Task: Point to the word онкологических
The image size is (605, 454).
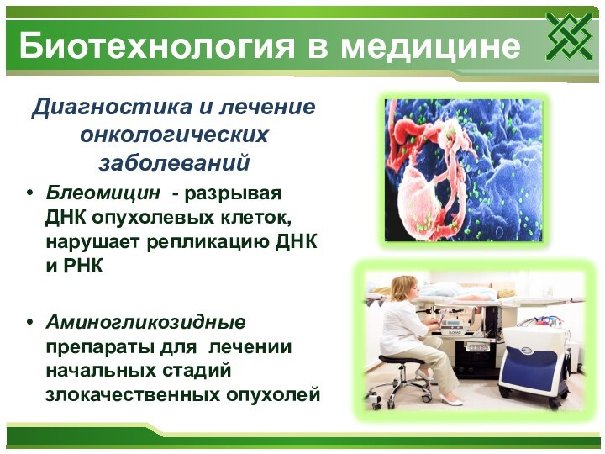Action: point(174,135)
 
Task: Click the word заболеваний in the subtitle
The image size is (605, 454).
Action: point(174,161)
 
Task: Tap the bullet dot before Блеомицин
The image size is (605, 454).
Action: point(31,193)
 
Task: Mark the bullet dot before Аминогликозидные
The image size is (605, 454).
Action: point(31,323)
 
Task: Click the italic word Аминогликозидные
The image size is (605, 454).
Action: point(145,322)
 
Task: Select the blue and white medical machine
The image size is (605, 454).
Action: point(534,362)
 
